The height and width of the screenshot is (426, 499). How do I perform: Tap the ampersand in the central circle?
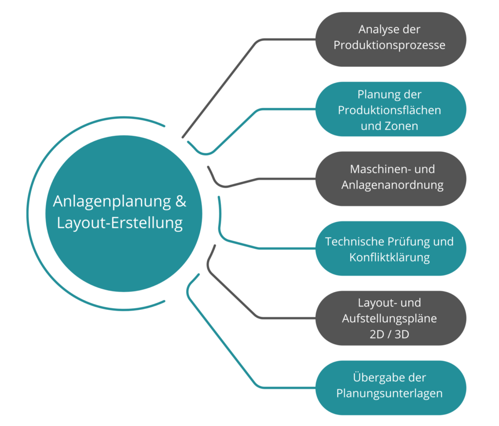pyautogui.click(x=180, y=201)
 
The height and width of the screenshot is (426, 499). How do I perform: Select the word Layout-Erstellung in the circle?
pyautogui.click(x=120, y=223)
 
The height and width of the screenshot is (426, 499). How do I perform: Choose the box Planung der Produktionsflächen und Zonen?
pyautogui.click(x=390, y=109)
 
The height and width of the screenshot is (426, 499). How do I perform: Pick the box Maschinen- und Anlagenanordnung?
pyautogui.click(x=390, y=178)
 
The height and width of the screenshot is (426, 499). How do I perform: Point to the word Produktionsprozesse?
pyautogui.click(x=389, y=45)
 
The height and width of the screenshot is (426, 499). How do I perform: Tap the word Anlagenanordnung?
pyautogui.click(x=392, y=185)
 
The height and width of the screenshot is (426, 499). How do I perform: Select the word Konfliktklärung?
pyautogui.click(x=389, y=258)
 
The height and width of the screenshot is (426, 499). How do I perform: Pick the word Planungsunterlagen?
pyautogui.click(x=389, y=393)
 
